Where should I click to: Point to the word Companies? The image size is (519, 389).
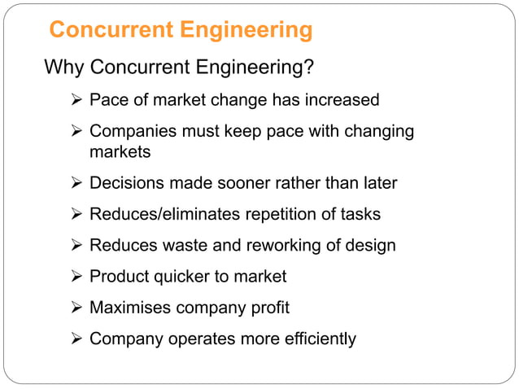tap(130, 131)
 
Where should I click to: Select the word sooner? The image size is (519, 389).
tap(247, 183)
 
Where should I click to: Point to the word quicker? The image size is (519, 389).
tap(179, 277)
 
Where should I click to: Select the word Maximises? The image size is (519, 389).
tap(129, 308)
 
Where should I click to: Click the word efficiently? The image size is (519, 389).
tap(314, 339)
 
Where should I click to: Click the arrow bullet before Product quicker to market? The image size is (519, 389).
tap(77, 277)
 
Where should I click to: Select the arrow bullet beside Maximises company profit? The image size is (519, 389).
tap(77, 308)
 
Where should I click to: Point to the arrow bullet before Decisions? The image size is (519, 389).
tap(77, 183)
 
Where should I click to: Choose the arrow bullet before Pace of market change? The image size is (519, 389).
tap(77, 100)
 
